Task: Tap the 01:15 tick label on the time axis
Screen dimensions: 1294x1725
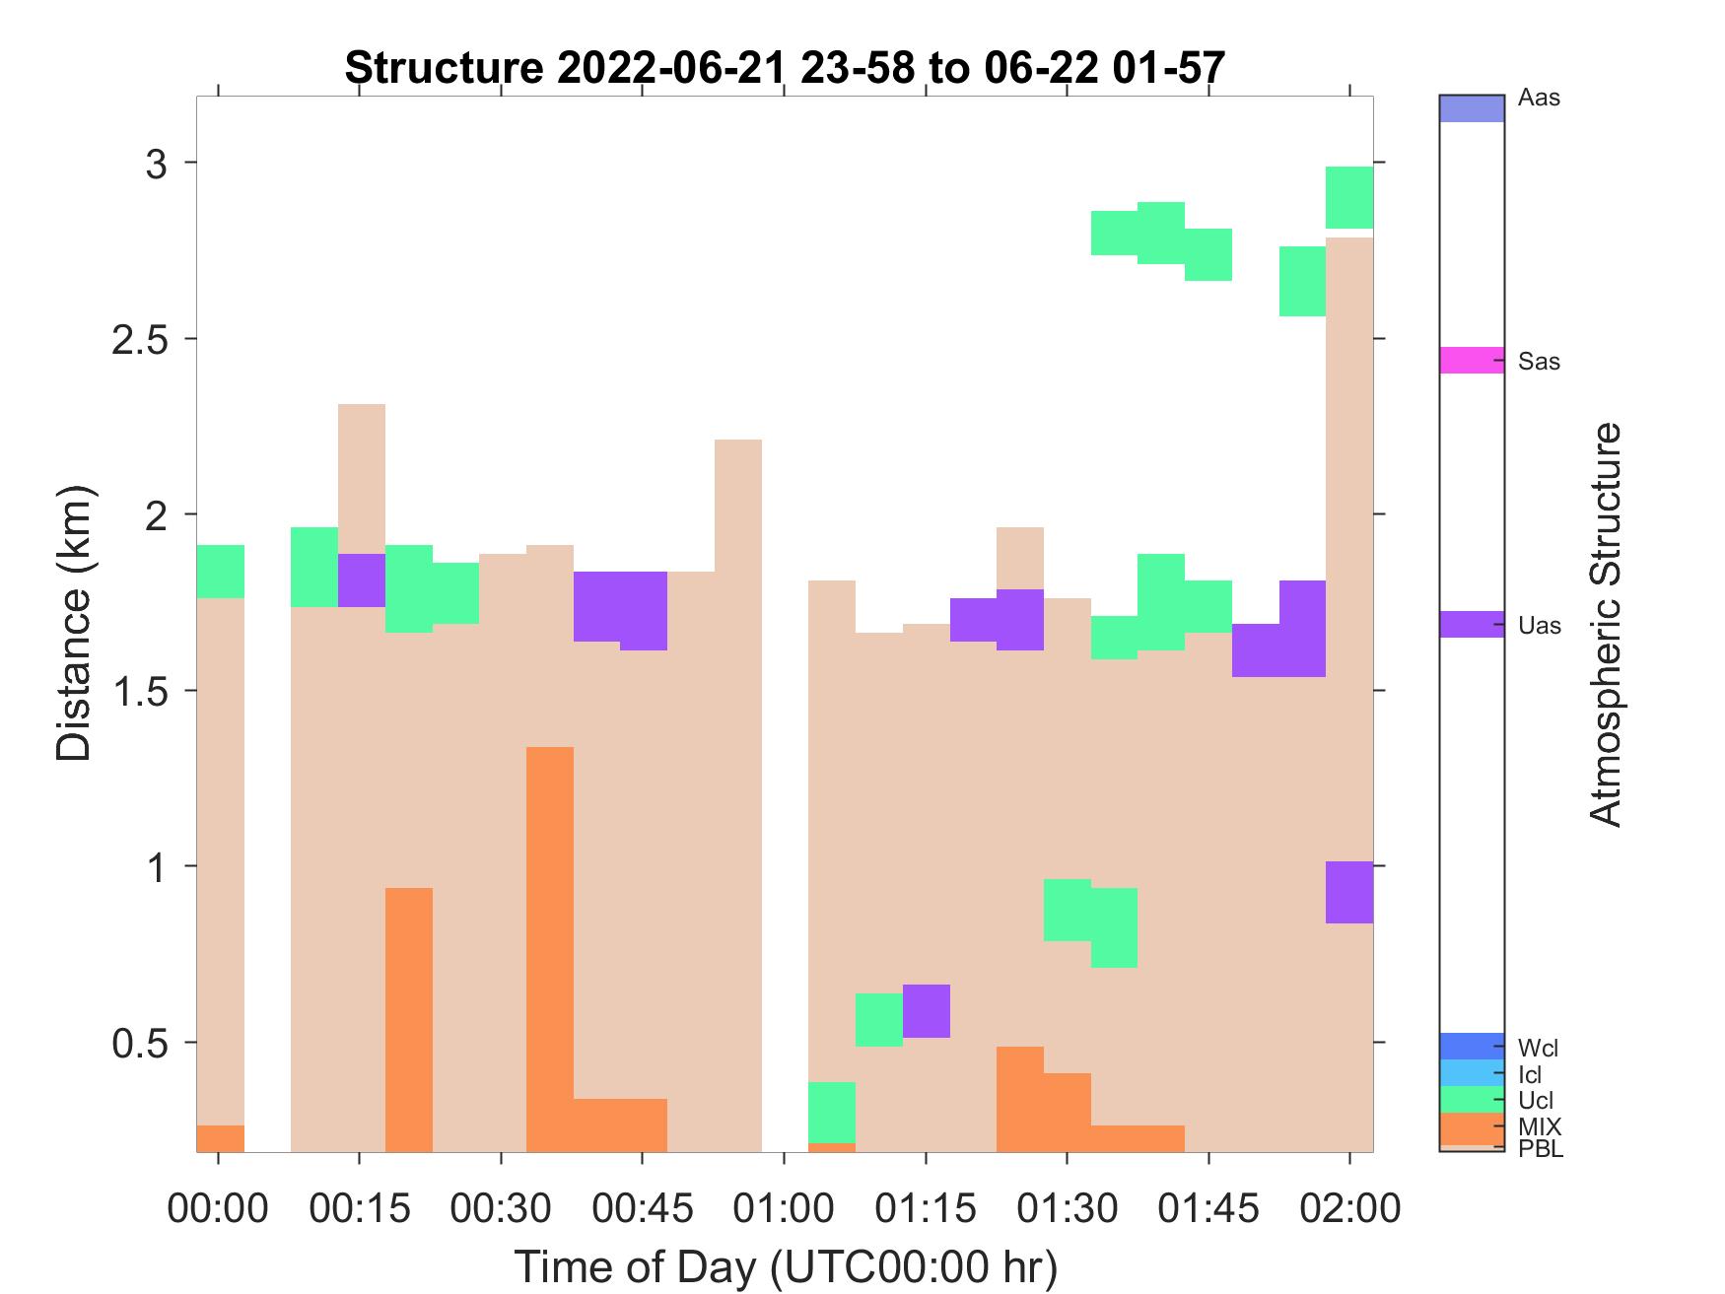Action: point(925,1208)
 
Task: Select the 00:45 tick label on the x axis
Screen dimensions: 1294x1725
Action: point(642,1208)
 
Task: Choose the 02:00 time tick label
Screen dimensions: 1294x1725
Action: point(1348,1208)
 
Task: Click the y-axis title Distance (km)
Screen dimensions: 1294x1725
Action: point(74,624)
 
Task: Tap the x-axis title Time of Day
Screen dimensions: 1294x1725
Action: point(785,1266)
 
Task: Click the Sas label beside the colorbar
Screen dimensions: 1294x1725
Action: point(1539,362)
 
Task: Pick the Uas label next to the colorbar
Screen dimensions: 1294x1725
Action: point(1539,626)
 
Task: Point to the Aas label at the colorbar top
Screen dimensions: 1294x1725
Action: point(1539,99)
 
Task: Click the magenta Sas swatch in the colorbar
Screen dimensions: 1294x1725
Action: point(1472,360)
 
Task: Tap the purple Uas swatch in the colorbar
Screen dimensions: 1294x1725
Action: point(1472,625)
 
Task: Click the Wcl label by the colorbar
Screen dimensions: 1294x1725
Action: point(1538,1049)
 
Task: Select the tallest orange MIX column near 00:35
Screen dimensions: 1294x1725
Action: point(549,946)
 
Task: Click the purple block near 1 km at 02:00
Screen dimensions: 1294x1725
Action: point(1348,892)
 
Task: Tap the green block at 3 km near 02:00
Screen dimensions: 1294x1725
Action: point(1348,197)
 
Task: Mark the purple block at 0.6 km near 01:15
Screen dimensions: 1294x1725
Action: point(926,1011)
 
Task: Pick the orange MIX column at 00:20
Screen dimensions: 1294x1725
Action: point(408,1019)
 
